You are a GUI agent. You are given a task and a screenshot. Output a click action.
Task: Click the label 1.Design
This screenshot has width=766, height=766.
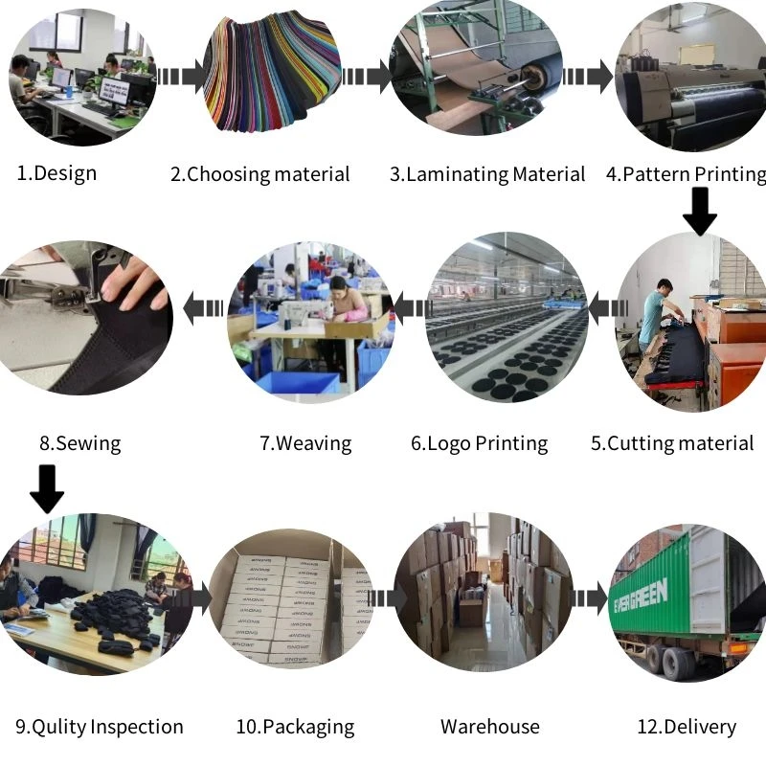tap(57, 173)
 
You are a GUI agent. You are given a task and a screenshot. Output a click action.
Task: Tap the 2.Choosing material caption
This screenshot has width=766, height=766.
tap(260, 174)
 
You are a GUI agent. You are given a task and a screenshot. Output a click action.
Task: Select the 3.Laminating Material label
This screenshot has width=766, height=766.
tap(487, 174)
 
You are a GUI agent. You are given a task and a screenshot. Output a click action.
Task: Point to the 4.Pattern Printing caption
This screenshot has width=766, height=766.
tap(686, 174)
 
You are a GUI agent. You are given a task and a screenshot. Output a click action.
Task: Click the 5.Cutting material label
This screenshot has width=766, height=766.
tap(672, 443)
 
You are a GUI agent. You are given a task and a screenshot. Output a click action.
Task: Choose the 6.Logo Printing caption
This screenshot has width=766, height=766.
tap(480, 443)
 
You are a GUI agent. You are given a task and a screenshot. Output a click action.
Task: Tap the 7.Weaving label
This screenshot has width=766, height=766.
tap(305, 443)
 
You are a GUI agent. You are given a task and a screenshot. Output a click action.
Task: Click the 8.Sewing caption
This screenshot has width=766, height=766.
tap(80, 443)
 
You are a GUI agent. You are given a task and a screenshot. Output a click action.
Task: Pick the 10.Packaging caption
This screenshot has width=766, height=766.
tap(295, 727)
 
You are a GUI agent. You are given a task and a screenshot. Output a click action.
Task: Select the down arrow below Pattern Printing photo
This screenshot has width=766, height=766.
tap(700, 212)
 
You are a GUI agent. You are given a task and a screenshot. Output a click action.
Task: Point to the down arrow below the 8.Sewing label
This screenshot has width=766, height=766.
tap(46, 487)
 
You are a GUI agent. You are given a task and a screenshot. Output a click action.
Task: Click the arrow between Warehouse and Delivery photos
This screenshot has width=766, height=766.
tap(589, 598)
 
